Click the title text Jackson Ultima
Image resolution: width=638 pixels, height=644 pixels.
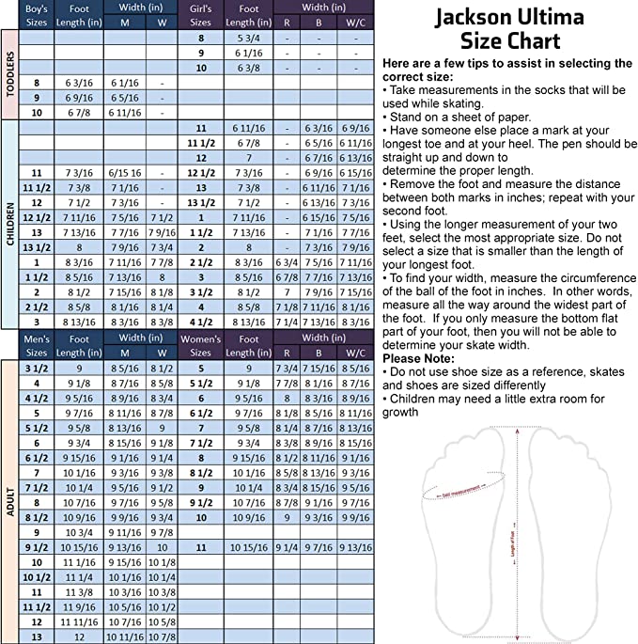[509, 18]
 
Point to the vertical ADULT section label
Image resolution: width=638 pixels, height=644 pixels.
[10, 499]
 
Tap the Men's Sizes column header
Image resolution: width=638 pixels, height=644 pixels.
[37, 344]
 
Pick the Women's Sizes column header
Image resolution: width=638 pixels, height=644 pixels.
[200, 344]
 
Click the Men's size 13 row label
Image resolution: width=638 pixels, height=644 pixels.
[37, 636]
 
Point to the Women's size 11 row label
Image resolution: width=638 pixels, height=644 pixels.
[200, 547]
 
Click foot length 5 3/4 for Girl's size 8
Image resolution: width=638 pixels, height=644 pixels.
[248, 38]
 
